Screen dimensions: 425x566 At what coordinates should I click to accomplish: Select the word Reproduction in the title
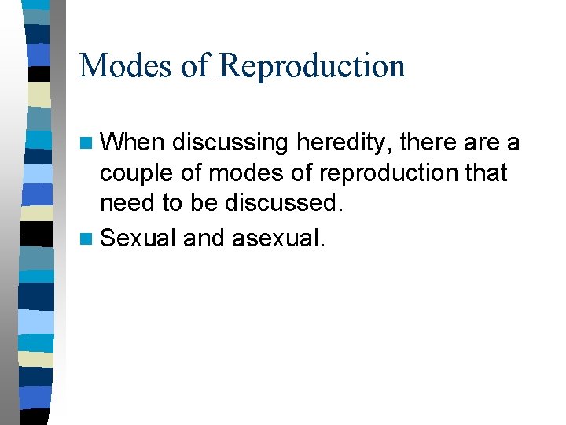pyautogui.click(x=312, y=67)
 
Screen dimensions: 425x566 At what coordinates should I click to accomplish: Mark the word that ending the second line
pyautogui.click(x=485, y=174)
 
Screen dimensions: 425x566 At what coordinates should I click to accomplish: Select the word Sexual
pyautogui.click(x=138, y=237)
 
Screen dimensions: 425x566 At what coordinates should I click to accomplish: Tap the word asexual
pyautogui.click(x=277, y=237)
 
